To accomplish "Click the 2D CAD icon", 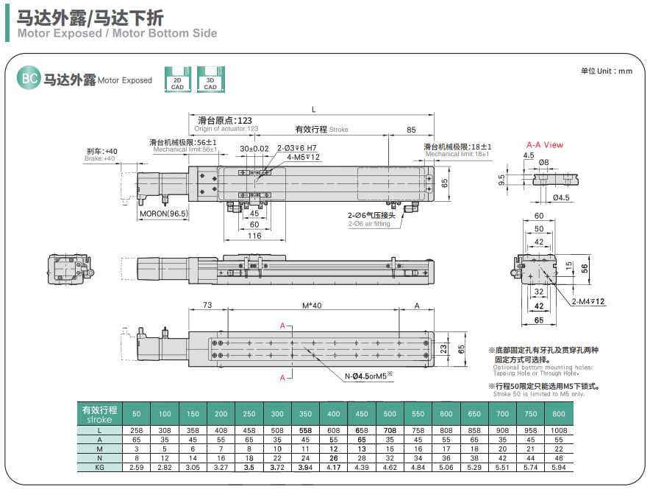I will (178, 80).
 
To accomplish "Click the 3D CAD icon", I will (210, 80).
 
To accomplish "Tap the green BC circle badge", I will (28, 80).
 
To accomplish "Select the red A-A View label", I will (544, 145).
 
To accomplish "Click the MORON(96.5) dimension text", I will (164, 214).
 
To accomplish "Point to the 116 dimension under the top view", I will (254, 236).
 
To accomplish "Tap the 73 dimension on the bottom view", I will (207, 305).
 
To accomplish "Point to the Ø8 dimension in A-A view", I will (544, 162).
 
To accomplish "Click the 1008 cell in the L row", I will (559, 429).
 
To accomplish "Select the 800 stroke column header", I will (559, 414).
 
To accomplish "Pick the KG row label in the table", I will (99, 467).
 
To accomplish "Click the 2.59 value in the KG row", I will (136, 467).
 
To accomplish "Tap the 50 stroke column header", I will (136, 414).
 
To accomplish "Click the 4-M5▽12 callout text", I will (303, 157).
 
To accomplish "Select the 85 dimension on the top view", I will (410, 130).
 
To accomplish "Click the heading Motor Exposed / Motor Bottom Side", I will (117, 33).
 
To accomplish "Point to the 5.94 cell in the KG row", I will (559, 467).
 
